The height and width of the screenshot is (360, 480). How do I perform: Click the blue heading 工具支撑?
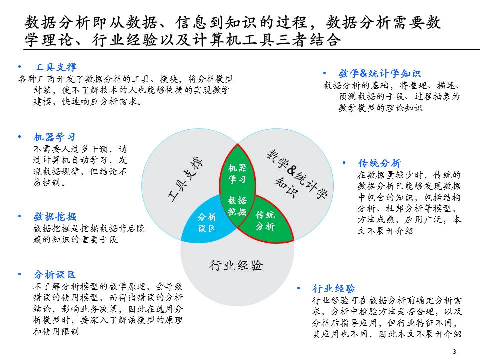tap(55, 67)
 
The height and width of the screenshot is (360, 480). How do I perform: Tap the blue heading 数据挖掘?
tap(55, 216)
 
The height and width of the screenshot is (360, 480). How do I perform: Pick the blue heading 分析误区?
tap(55, 275)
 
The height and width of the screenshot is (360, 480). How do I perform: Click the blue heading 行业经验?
tap(333, 288)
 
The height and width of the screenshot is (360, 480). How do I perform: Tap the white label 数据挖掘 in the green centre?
tap(237, 205)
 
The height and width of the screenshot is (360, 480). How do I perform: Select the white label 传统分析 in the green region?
tap(265, 221)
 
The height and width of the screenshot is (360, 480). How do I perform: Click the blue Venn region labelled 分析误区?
tap(207, 222)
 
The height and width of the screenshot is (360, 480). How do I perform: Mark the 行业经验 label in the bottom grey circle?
tap(236, 265)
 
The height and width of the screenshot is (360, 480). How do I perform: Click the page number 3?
tap(454, 351)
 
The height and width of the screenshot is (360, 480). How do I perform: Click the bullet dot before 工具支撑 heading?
tap(20, 67)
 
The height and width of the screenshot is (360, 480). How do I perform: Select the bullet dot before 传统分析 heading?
tap(344, 163)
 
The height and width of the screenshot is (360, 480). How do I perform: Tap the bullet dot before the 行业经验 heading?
tap(298, 288)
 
